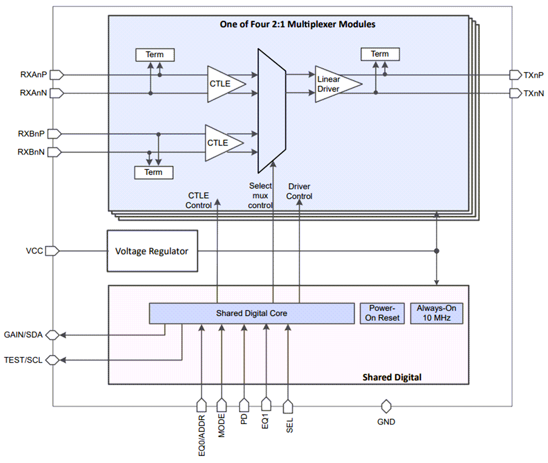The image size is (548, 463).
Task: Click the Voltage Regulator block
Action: pyautogui.click(x=152, y=251)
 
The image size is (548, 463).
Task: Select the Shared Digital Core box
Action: pyautogui.click(x=251, y=313)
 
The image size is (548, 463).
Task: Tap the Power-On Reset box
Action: pyautogui.click(x=382, y=313)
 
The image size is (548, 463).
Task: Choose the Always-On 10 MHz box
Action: pyautogui.click(x=436, y=313)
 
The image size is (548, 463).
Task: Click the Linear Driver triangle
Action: pyautogui.click(x=334, y=84)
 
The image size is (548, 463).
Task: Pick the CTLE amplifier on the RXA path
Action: pyautogui.click(x=222, y=84)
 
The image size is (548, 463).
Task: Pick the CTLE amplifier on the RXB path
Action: pyautogui.click(x=220, y=143)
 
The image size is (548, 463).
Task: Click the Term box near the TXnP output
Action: pyautogui.click(x=380, y=54)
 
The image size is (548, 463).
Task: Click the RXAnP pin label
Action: pyautogui.click(x=33, y=75)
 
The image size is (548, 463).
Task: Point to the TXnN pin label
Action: pyautogui.click(x=534, y=93)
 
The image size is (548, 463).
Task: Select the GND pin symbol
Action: pyautogui.click(x=386, y=406)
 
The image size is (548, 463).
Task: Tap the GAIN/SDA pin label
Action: pyautogui.click(x=23, y=335)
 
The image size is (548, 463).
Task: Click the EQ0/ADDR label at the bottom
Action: pyautogui.click(x=202, y=437)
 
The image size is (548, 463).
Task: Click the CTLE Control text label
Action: pyautogui.click(x=199, y=200)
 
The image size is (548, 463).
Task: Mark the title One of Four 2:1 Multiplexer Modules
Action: pyautogui.click(x=297, y=24)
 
